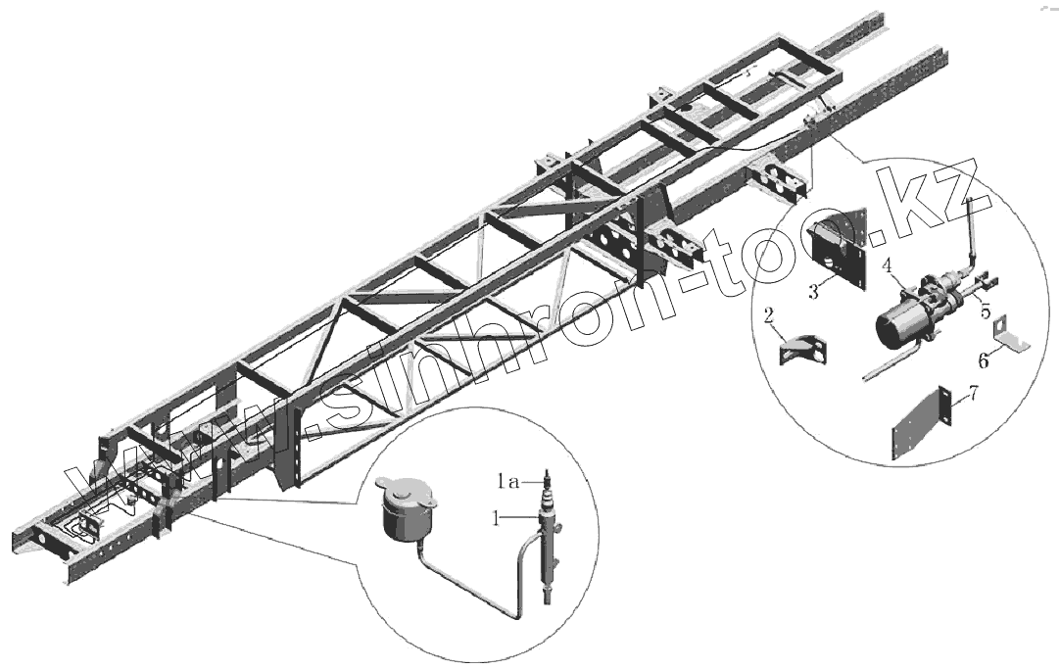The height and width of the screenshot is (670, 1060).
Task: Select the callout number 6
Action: (984, 359)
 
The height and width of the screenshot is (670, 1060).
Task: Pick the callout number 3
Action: (814, 292)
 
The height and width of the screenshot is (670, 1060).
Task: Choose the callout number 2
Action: (770, 314)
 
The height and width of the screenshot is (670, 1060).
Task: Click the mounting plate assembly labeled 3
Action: (842, 249)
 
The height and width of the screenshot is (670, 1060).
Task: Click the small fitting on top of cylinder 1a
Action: (550, 478)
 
